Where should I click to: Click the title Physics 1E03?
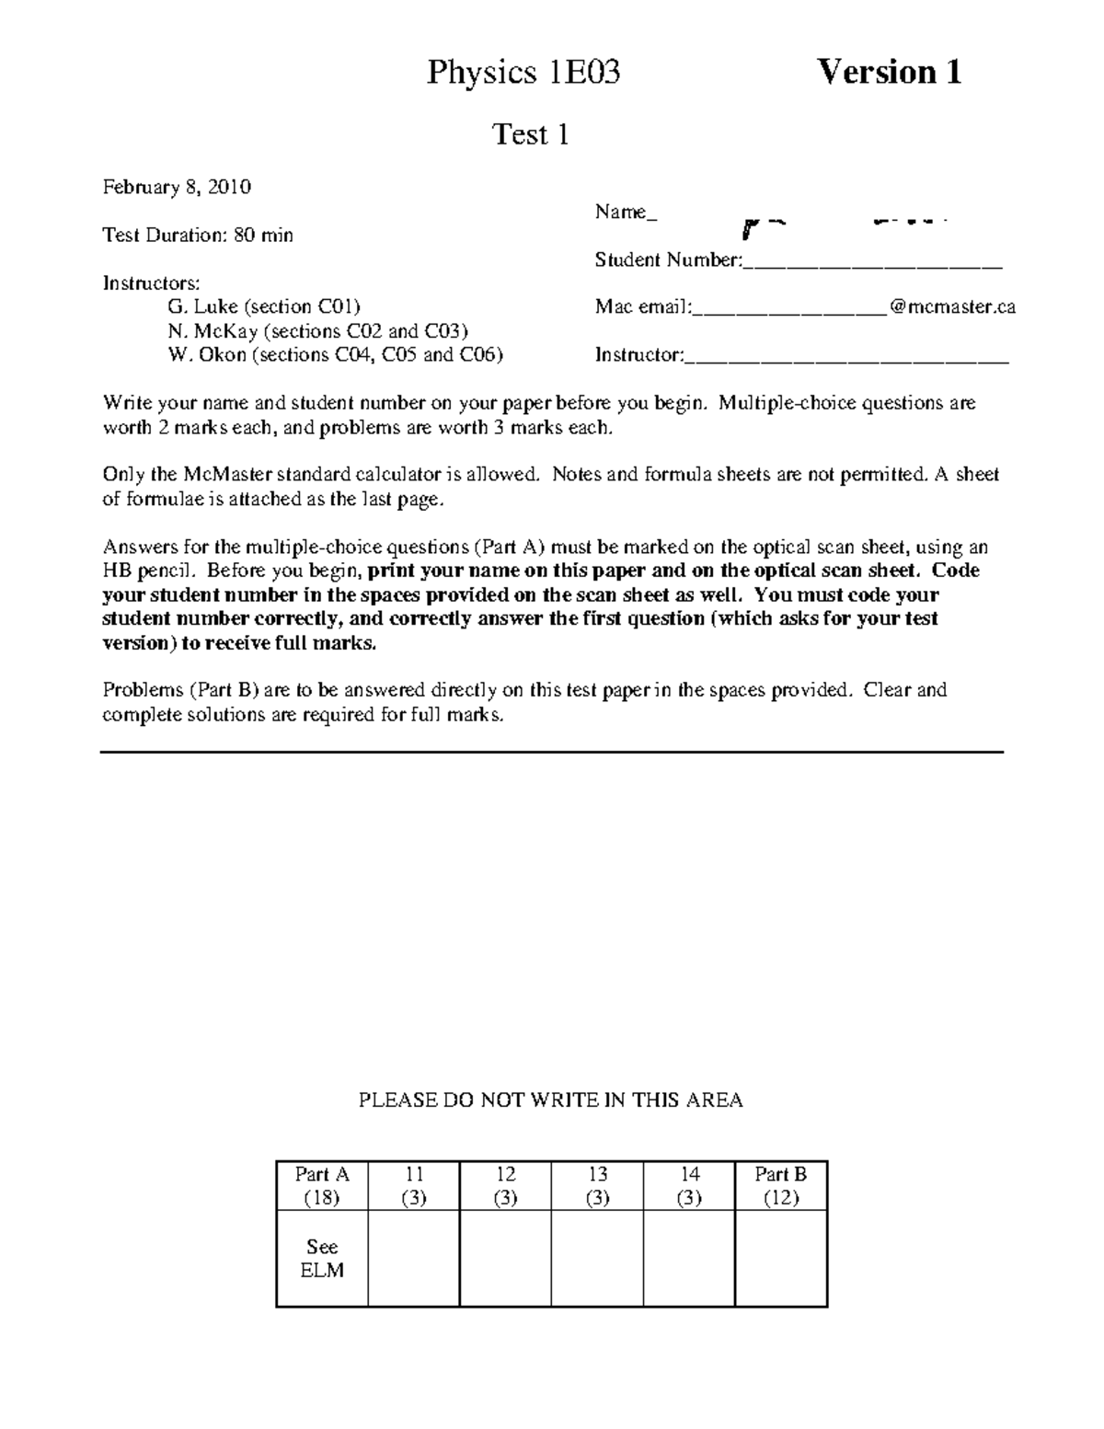(x=523, y=73)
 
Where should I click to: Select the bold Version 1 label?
(x=890, y=72)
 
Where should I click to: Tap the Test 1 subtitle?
(x=531, y=135)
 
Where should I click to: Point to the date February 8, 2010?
(x=177, y=188)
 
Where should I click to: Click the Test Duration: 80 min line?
(x=198, y=236)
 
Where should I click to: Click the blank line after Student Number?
(x=871, y=263)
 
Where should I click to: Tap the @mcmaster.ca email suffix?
(x=952, y=307)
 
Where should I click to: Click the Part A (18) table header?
(x=322, y=1186)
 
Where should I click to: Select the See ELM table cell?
(x=322, y=1259)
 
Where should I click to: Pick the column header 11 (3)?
(x=414, y=1186)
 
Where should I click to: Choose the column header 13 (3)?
(x=598, y=1186)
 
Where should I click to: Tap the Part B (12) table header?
(x=781, y=1186)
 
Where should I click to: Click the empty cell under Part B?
(x=781, y=1258)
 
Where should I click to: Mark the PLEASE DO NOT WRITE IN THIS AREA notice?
(x=550, y=1101)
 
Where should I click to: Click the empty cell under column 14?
(x=690, y=1258)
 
